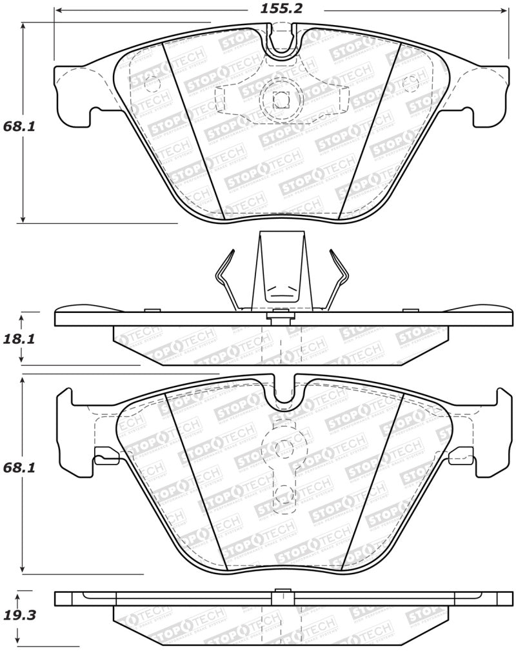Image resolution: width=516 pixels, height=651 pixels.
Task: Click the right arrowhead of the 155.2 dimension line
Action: tap(505, 10)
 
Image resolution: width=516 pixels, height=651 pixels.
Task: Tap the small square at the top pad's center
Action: tap(280, 100)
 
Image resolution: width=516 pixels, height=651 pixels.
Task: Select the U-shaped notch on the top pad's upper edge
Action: tap(282, 40)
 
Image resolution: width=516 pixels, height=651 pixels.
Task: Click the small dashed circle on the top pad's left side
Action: tap(152, 85)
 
